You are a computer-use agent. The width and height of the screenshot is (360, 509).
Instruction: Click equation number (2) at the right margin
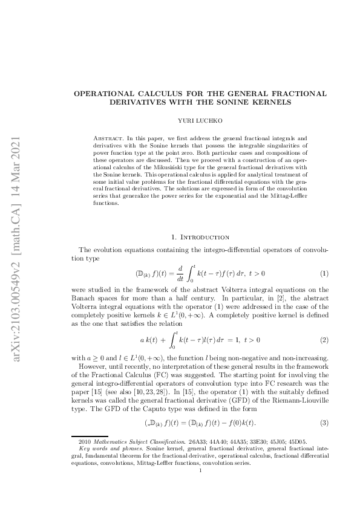pyautogui.click(x=324, y=341)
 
